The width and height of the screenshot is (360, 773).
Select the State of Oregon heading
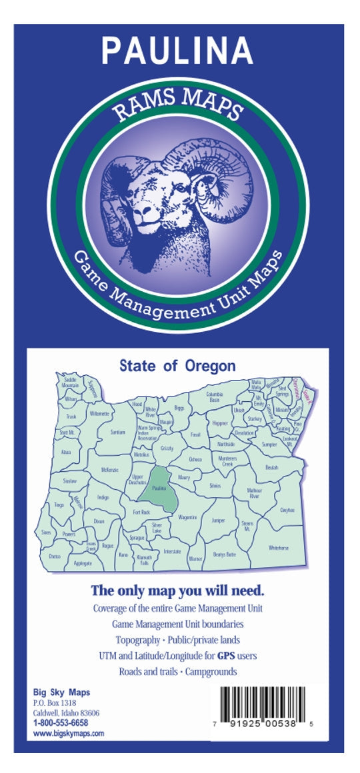(177, 366)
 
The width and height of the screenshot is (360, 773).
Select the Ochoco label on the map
(195, 459)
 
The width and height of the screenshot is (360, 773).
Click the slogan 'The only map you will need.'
(177, 590)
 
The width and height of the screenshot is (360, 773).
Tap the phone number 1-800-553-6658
(60, 722)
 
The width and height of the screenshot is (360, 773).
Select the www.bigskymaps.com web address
(69, 733)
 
